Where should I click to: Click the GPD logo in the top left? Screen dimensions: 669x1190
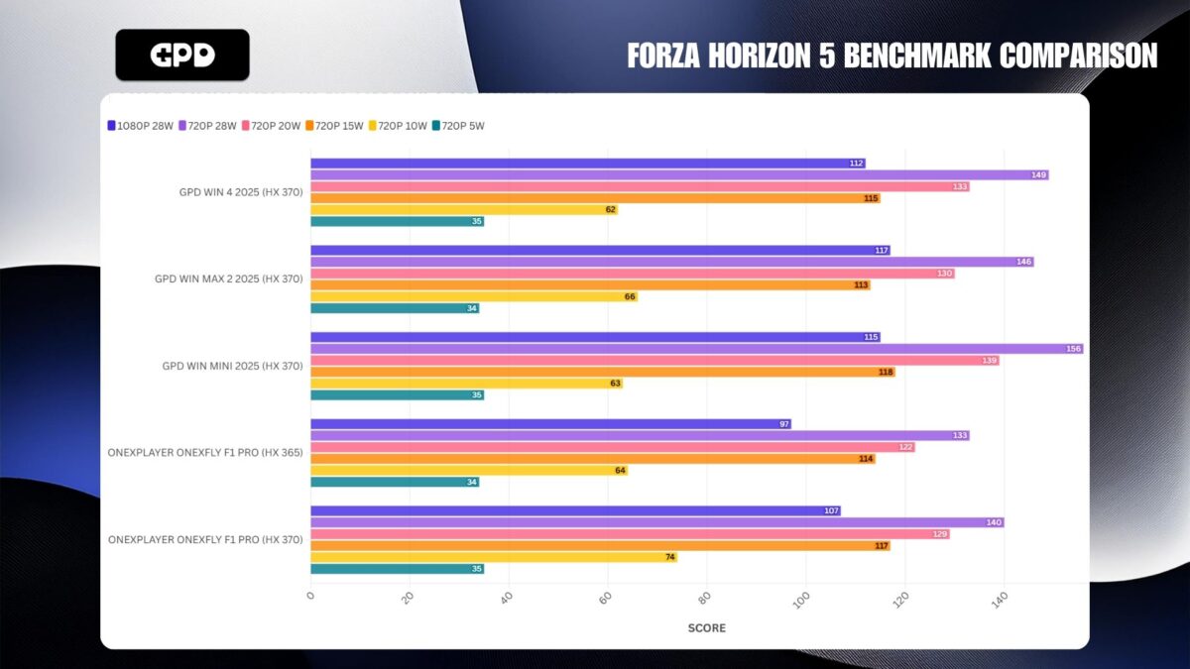point(182,55)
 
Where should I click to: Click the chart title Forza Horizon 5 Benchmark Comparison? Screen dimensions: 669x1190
point(892,56)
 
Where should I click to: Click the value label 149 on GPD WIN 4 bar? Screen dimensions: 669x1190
point(1038,175)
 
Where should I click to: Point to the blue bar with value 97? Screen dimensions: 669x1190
point(550,424)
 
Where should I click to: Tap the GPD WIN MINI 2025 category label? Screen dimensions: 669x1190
point(232,366)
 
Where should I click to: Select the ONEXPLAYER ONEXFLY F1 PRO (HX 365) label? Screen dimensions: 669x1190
point(205,453)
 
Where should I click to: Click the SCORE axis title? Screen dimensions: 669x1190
point(706,627)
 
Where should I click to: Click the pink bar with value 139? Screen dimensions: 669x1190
point(654,361)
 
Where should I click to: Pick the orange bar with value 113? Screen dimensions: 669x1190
point(590,284)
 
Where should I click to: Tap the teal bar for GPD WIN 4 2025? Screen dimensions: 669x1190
point(397,221)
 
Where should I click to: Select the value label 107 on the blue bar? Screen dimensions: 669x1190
point(830,511)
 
